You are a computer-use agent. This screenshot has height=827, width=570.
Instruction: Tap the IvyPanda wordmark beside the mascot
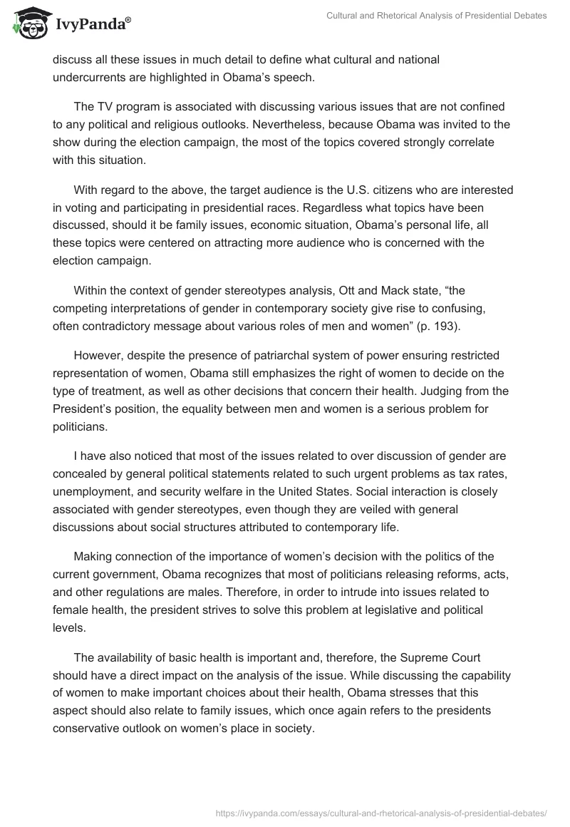91,25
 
